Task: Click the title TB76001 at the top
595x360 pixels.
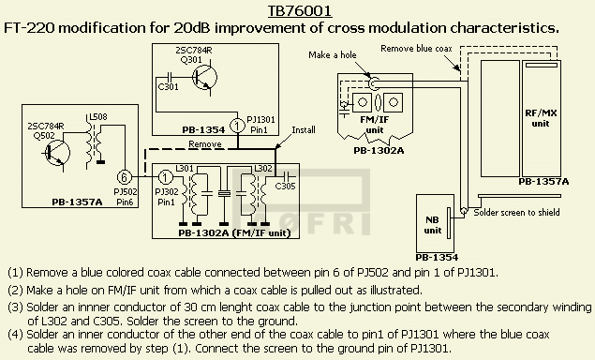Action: tap(300, 10)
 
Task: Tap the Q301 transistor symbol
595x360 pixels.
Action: tap(204, 78)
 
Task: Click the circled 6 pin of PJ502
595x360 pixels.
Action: tap(124, 177)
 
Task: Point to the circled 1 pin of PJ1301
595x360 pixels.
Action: tap(238, 126)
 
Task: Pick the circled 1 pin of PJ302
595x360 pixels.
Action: tap(165, 177)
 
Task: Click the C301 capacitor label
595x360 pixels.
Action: tap(168, 87)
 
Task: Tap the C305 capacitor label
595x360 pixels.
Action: tap(285, 186)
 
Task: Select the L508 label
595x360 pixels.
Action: tap(98, 116)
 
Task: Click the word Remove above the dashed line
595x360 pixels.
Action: tap(205, 144)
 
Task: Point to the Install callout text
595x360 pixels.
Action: tap(304, 130)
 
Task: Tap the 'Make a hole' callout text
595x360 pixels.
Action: tap(333, 55)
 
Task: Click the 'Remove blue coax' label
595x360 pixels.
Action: tap(416, 49)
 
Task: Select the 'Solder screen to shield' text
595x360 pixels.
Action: tap(516, 212)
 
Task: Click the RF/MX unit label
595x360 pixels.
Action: tap(540, 118)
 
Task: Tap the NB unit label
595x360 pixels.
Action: tap(433, 225)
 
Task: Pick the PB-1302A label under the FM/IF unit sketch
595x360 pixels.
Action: tap(379, 151)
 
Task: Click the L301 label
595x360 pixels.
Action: tap(185, 168)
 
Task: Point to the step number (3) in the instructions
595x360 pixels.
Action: tap(16, 307)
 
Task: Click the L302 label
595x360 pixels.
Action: tap(263, 168)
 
